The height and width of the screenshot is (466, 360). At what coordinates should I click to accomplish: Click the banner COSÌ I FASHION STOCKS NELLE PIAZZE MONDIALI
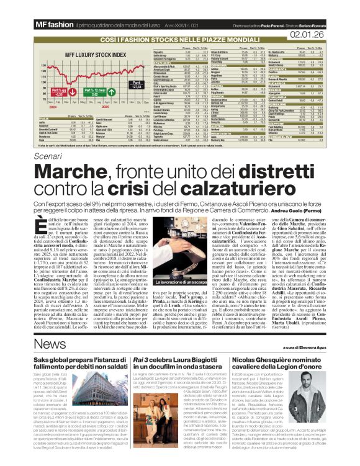[179, 38]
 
